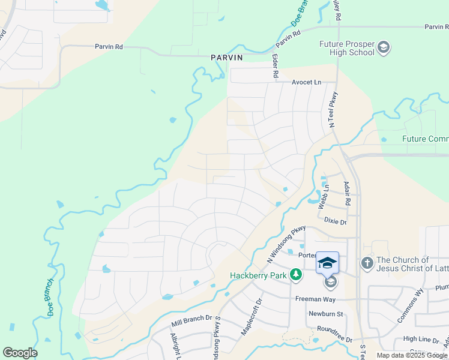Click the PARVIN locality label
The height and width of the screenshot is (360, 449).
226,58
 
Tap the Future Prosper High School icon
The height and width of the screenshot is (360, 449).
384,47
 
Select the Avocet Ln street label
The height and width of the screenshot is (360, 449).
307,82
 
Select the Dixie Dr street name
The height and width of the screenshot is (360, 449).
336,221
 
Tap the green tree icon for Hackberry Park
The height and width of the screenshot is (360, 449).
295,275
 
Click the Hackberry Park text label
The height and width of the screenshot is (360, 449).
258,275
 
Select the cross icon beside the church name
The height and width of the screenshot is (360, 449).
367,263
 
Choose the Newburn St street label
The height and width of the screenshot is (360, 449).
325,314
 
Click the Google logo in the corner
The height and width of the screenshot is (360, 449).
20,353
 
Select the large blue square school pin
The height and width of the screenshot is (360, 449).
327,262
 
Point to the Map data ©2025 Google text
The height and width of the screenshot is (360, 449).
412,355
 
